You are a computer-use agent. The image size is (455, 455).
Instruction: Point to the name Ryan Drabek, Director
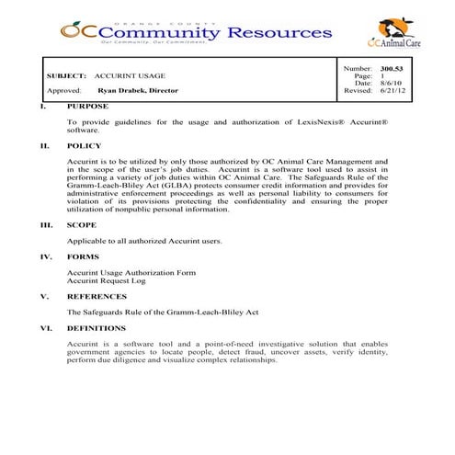tap(138, 91)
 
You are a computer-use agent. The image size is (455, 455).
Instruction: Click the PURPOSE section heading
tap(87, 105)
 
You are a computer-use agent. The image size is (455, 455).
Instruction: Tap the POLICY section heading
tap(84, 145)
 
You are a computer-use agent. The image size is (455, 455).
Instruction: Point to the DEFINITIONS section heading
tap(96, 328)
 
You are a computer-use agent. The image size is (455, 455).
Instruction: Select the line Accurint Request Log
tap(107, 280)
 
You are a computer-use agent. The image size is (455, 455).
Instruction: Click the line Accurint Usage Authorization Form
tap(131, 272)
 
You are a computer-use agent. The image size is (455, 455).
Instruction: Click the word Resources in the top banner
tap(277, 32)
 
